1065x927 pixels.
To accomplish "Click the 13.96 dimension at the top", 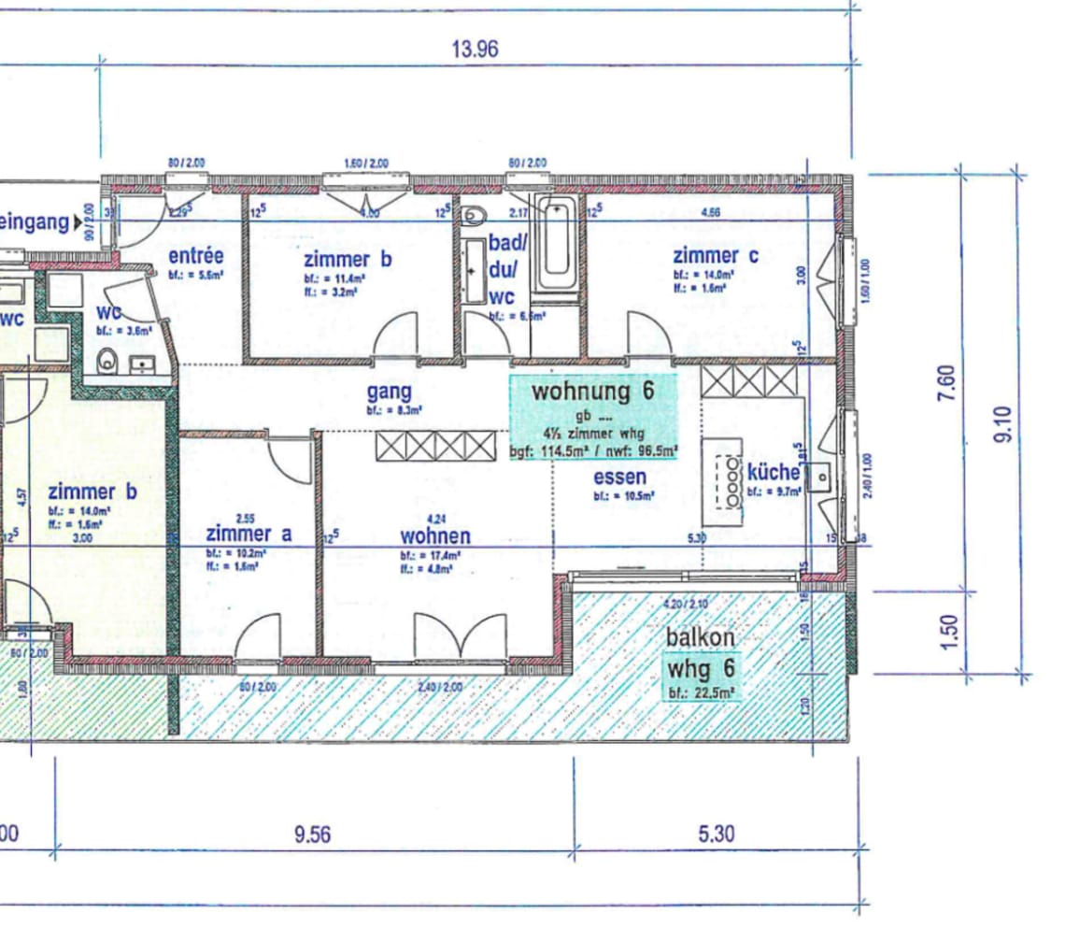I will (474, 50).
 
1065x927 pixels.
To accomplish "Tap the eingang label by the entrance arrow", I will (35, 222).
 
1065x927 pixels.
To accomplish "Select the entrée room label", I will (195, 256).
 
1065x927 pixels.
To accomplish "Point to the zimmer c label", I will (716, 255).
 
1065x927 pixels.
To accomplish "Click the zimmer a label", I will (248, 534).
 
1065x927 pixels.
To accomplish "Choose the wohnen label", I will (434, 536).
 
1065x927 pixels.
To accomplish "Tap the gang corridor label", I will (389, 392).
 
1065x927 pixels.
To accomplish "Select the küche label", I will (773, 472).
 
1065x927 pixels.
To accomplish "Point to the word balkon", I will (700, 637).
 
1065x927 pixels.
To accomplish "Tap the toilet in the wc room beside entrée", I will (107, 359).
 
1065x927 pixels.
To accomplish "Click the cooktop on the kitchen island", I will (729, 480).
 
